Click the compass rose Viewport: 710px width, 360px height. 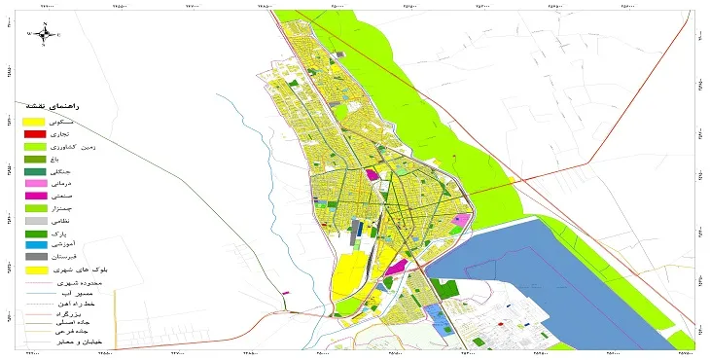[44, 34]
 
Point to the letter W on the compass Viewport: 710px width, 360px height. [30, 34]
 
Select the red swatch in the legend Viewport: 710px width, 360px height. [34, 133]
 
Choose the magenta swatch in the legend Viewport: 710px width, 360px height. [34, 197]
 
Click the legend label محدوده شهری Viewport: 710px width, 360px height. [93, 284]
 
